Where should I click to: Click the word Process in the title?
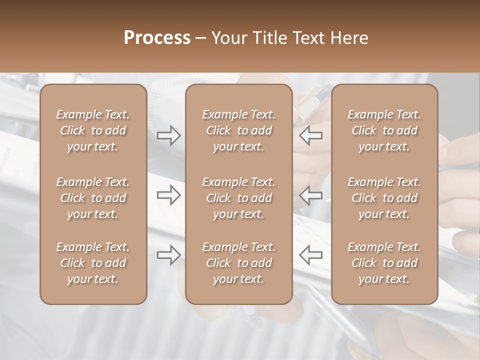157,38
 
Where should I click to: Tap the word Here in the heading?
349,38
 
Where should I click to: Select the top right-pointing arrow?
168,135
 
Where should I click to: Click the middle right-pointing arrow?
168,195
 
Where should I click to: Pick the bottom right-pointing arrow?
168,255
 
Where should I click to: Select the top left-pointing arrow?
311,135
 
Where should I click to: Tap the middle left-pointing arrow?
311,195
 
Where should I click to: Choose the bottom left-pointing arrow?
311,255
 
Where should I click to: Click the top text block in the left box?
93,130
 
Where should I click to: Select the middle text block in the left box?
93,198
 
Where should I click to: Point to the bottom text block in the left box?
93,263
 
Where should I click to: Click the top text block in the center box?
238,130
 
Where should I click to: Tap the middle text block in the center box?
238,198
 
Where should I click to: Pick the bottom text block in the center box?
238,263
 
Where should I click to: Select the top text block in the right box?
384,130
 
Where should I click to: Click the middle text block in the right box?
384,198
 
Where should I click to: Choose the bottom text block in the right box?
384,263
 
